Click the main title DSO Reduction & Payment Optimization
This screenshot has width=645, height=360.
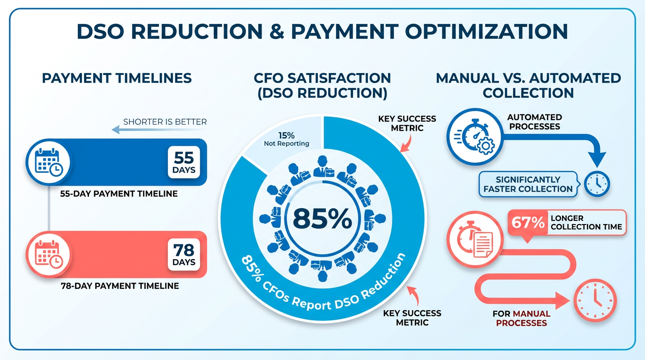click(322, 31)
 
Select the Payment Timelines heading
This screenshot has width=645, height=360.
click(117, 78)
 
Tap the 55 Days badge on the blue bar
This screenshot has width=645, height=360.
click(184, 162)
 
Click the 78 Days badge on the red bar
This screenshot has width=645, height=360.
click(184, 254)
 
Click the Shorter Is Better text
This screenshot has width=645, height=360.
click(165, 122)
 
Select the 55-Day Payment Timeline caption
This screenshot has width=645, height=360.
click(119, 193)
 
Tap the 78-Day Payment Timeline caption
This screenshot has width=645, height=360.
click(120, 285)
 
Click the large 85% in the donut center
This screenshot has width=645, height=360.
click(322, 218)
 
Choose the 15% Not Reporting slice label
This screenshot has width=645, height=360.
click(286, 139)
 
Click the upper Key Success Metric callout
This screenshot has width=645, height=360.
click(407, 123)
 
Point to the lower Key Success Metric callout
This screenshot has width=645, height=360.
click(412, 317)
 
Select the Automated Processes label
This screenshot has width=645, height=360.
click(534, 122)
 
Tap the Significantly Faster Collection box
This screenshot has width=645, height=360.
click(528, 184)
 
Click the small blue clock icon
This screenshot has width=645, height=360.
click(598, 183)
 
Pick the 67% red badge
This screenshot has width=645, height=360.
click(528, 222)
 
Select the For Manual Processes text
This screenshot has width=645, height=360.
click(521, 318)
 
